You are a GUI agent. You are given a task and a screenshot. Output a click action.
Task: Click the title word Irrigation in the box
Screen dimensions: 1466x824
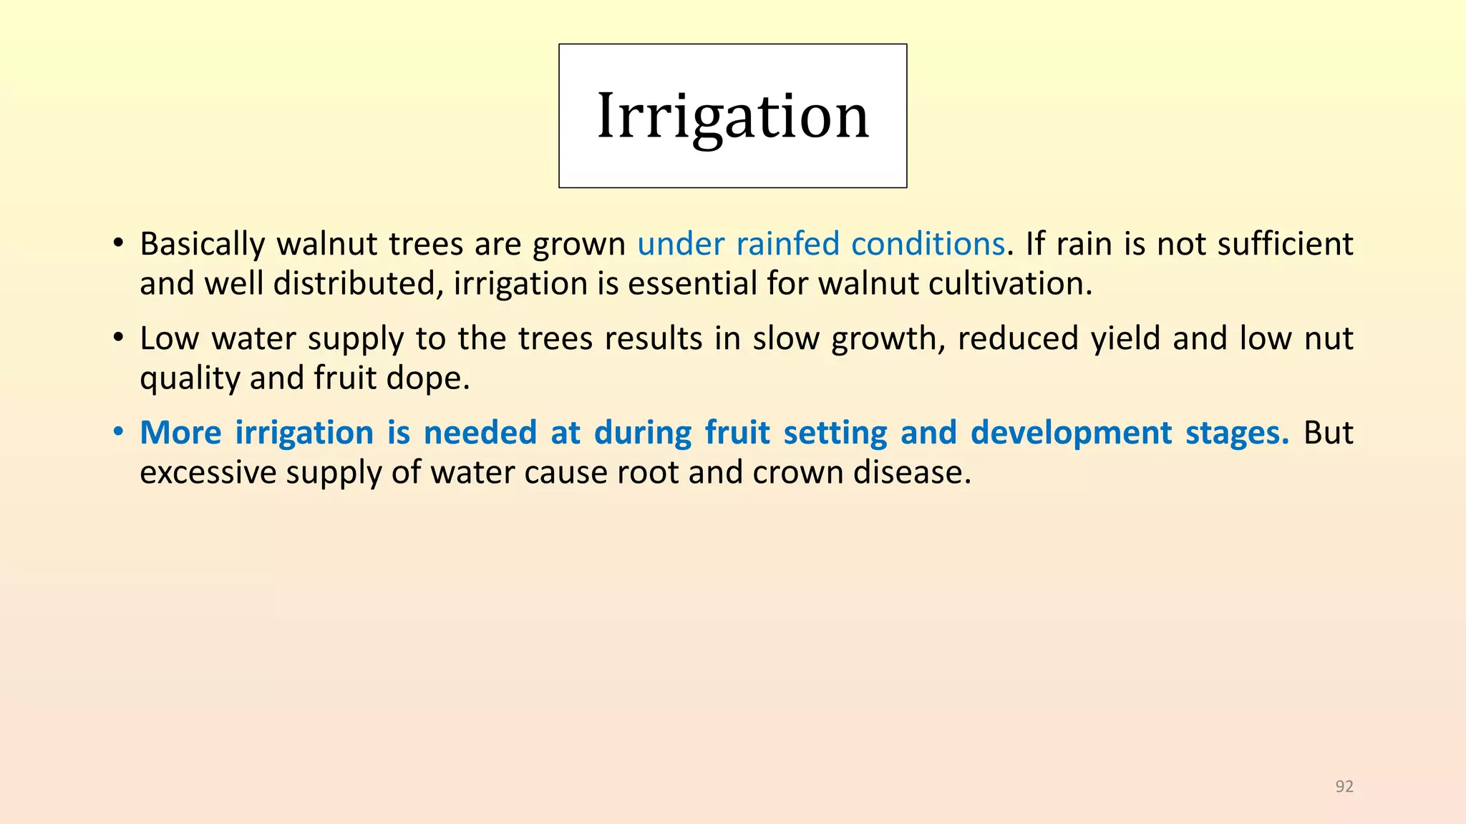point(733,117)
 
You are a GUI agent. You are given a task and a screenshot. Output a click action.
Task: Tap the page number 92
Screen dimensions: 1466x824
point(1344,786)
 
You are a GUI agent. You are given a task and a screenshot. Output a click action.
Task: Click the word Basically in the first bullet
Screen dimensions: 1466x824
point(203,245)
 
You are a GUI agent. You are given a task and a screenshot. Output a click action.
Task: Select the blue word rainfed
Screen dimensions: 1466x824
point(787,243)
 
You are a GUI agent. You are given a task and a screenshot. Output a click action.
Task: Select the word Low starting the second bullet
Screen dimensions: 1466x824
point(170,338)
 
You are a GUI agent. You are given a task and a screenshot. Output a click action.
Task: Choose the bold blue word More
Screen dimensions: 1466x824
point(180,433)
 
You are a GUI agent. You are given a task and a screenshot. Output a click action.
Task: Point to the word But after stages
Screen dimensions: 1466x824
point(1329,433)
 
